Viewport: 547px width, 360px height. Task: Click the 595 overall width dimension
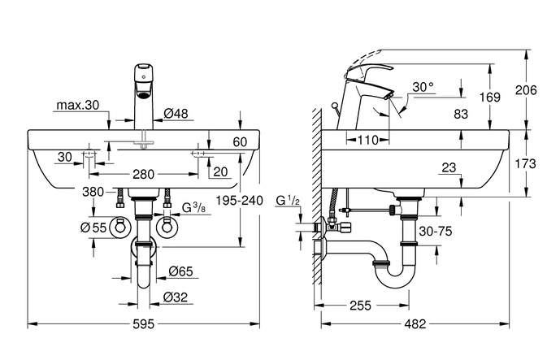click(143, 324)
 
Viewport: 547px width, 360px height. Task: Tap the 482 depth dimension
click(415, 324)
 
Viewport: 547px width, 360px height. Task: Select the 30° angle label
click(423, 87)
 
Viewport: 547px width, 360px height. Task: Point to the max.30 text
click(78, 105)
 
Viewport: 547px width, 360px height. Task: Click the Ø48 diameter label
click(176, 113)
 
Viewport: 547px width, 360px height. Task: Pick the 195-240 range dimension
click(239, 201)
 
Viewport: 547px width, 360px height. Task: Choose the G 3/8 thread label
click(194, 208)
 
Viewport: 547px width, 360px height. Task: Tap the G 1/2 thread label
click(288, 200)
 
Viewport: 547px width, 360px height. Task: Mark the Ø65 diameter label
click(180, 271)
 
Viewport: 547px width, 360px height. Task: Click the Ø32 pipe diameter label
click(175, 297)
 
